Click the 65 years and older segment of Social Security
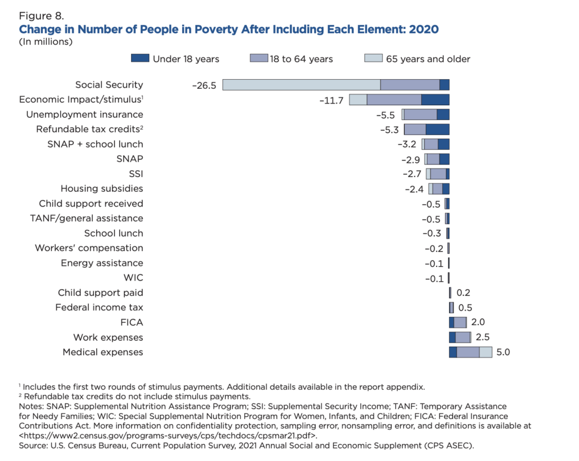pyautogui.click(x=301, y=85)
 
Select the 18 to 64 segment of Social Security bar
pyautogui.click(x=409, y=85)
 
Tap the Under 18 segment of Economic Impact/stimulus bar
pyautogui.click(x=435, y=100)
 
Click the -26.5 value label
pyautogui.click(x=204, y=85)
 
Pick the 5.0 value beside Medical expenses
pyautogui.click(x=503, y=352)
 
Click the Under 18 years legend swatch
pyautogui.click(x=140, y=58)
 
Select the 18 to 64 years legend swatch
pyautogui.click(x=259, y=58)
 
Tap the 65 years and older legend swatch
pyautogui.click(x=373, y=58)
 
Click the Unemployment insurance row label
pyautogui.click(x=84, y=114)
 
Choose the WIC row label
pyautogui.click(x=133, y=278)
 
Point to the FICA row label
pyautogui.click(x=132, y=322)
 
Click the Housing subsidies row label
pyautogui.click(x=102, y=188)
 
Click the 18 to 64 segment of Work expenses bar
pyautogui.click(x=463, y=338)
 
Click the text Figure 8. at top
pyautogui.click(x=39, y=15)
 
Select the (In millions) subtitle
pyautogui.click(x=46, y=41)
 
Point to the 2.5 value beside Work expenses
pyautogui.click(x=482, y=338)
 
